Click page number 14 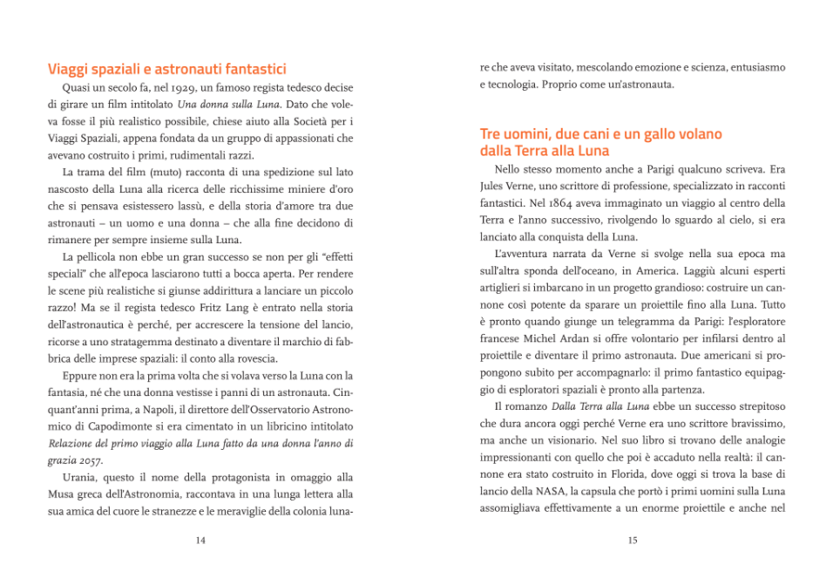(200, 541)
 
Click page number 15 (633, 541)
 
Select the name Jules (496, 187)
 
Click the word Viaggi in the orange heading (71, 69)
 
